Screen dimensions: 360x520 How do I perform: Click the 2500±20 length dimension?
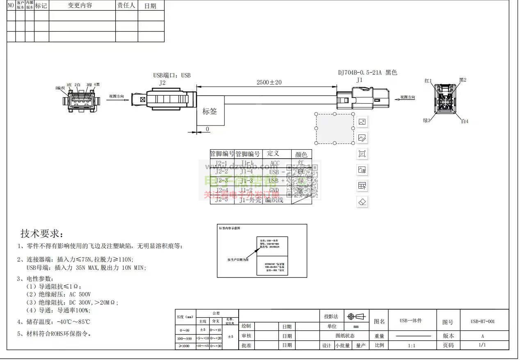pos(269,82)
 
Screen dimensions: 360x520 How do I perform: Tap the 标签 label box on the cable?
pos(210,111)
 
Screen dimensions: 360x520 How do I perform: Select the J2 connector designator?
pos(162,82)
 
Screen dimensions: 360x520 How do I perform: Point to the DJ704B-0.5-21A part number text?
pos(360,73)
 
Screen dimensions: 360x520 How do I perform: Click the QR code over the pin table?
pos(303,181)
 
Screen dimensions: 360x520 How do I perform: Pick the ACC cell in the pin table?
pos(274,163)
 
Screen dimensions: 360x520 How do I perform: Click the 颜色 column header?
pos(301,154)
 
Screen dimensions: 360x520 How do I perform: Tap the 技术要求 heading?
pos(42,234)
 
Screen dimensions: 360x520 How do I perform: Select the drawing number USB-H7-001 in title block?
pos(482,321)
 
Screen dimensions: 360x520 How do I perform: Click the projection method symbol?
pos(356,317)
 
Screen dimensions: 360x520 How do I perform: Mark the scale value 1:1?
pos(411,345)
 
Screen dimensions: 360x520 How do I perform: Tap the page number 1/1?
pos(482,345)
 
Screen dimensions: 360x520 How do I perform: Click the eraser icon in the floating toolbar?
pos(362,202)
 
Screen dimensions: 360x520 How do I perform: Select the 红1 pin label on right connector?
pos(428,81)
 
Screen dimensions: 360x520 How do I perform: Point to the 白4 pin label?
pos(464,121)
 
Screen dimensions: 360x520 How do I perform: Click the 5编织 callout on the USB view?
pos(60,88)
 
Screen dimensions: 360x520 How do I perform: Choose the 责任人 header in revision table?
pos(126,5)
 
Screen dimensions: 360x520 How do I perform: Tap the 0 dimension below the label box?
pos(208,129)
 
